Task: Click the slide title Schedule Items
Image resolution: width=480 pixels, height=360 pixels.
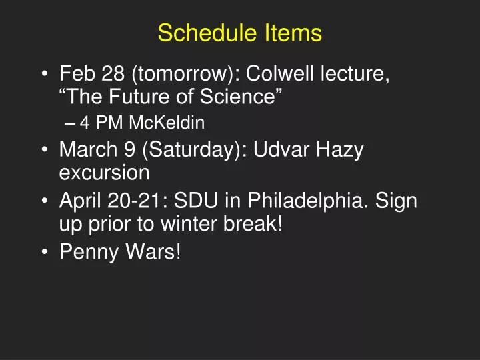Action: pos(240,33)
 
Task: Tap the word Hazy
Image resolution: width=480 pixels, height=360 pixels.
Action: pos(339,149)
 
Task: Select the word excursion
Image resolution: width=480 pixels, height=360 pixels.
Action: pos(104,174)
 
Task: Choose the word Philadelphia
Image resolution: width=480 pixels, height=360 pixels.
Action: pos(308,200)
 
